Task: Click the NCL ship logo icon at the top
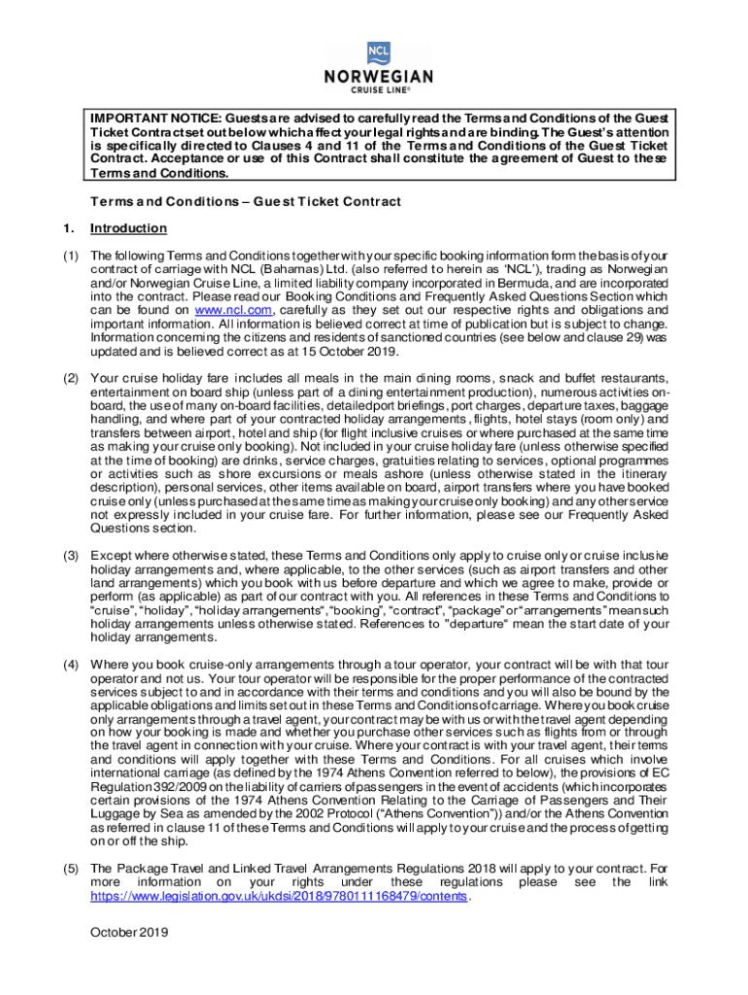click(376, 51)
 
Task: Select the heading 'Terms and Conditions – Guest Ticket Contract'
click(246, 201)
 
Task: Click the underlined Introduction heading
click(128, 228)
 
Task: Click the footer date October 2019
click(129, 933)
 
